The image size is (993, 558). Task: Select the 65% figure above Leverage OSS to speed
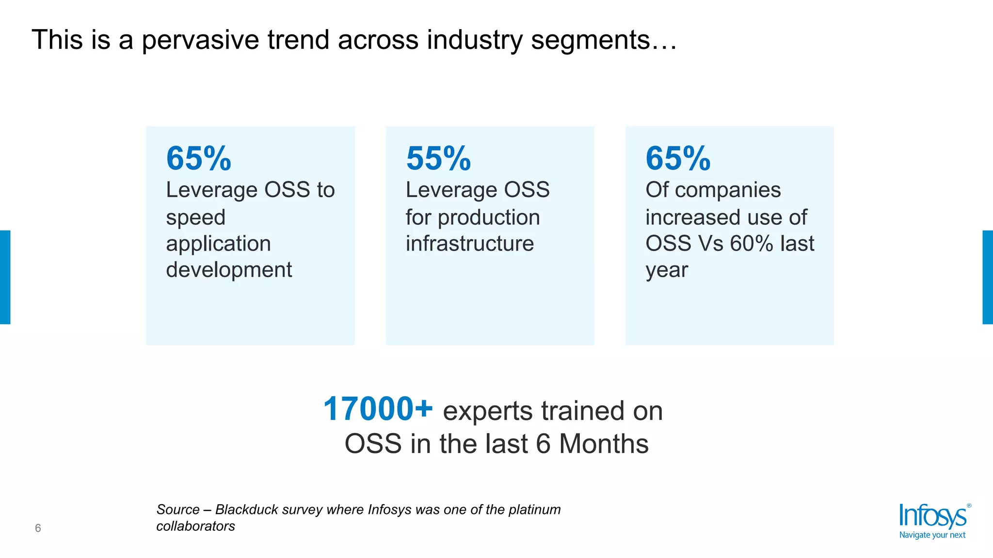pos(199,158)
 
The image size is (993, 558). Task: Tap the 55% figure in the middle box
pos(438,158)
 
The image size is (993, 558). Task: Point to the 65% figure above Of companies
pos(678,158)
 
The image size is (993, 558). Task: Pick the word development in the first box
pos(229,270)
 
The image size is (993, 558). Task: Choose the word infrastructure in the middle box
pos(470,244)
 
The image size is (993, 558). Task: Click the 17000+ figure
pos(378,409)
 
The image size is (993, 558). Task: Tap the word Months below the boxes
pos(604,444)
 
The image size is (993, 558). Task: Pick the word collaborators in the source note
pos(195,526)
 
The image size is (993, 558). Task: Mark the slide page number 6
pos(38,528)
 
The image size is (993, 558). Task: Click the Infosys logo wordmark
pos(932,516)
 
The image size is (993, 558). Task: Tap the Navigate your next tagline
pos(932,535)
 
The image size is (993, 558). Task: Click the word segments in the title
pos(591,40)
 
